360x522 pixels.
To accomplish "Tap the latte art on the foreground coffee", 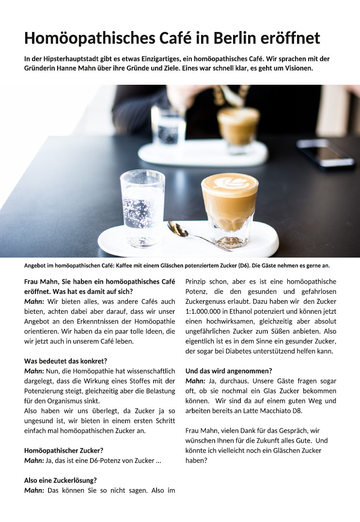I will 229,184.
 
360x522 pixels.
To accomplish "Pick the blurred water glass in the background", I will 168,126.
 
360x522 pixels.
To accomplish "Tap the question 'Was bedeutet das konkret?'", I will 65,361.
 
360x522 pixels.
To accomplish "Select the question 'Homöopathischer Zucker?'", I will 63,450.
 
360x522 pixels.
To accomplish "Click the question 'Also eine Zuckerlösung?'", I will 61,480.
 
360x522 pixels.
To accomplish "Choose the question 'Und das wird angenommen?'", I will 229,371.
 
